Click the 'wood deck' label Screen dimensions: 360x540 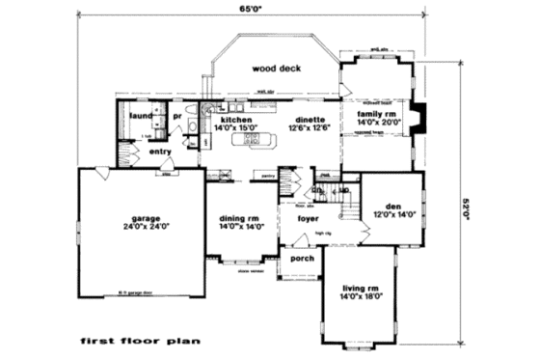pyautogui.click(x=275, y=69)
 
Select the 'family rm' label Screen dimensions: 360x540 pyautogui.click(x=377, y=113)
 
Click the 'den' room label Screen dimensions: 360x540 pyautogui.click(x=392, y=206)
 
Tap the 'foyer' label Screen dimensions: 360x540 pyautogui.click(x=308, y=219)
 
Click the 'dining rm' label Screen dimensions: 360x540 pyautogui.click(x=240, y=217)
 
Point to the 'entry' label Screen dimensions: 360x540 pyautogui.click(x=160, y=151)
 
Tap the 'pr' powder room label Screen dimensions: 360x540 pyautogui.click(x=177, y=118)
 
